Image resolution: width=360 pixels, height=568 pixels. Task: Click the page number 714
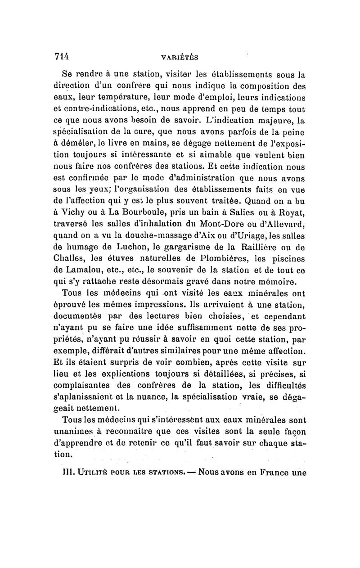(61, 56)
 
